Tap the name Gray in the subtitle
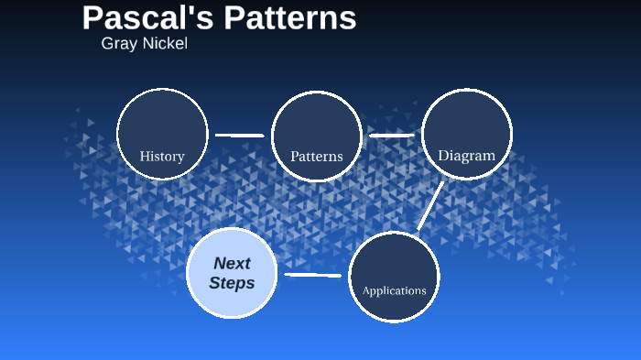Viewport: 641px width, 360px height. [118, 43]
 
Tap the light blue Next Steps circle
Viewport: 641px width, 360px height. [232, 272]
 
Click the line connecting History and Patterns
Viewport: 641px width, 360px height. [240, 136]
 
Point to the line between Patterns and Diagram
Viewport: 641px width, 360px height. [392, 136]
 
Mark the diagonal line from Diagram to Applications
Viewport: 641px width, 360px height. [429, 206]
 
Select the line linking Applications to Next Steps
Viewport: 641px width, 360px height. [313, 275]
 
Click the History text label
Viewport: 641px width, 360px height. [162, 157]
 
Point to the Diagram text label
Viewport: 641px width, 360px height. [466, 156]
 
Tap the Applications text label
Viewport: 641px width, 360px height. [395, 290]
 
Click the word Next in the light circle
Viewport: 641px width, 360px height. [232, 263]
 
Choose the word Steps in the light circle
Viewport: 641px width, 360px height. [232, 283]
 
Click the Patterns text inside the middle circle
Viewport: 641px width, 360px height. [317, 157]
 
